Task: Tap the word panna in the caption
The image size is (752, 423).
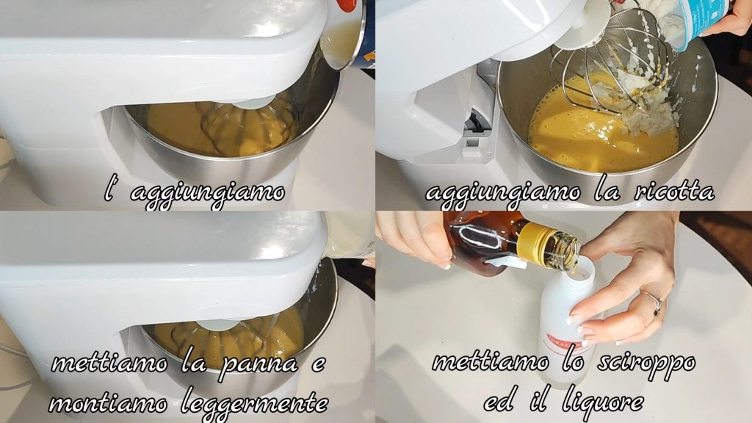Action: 259,364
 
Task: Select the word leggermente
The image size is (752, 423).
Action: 255,402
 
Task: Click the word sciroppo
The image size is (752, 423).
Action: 646,363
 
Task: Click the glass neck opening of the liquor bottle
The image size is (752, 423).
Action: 570,252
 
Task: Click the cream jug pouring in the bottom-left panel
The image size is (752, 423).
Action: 347,235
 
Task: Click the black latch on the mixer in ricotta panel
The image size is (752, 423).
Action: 476,123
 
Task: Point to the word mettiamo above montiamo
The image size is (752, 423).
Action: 109,364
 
